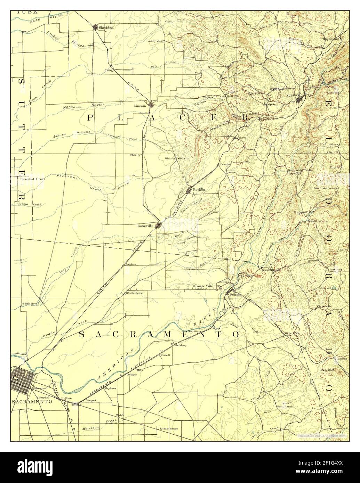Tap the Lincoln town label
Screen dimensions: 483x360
coord(140,105)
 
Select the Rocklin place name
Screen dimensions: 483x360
coord(199,189)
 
